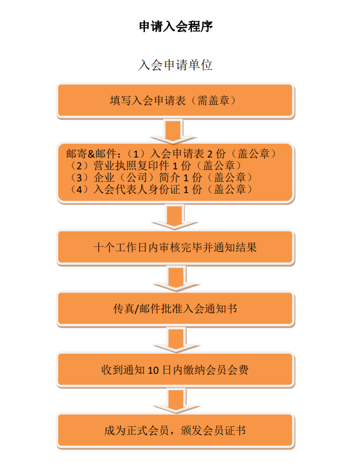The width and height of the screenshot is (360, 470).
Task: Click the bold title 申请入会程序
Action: pyautogui.click(x=176, y=26)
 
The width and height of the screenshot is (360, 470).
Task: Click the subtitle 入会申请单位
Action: pyautogui.click(x=176, y=65)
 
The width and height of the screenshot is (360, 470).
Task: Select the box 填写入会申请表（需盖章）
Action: pyautogui.click(x=176, y=101)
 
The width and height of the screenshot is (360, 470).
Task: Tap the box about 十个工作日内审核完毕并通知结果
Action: pyautogui.click(x=176, y=247)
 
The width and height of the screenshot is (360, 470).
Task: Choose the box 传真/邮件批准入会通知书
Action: pyautogui.click(x=176, y=309)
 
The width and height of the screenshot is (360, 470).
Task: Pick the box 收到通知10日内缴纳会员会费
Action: pyautogui.click(x=176, y=370)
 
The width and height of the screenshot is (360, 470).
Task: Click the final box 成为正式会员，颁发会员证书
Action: pyautogui.click(x=176, y=431)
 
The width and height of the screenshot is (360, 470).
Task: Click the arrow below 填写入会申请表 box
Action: pyautogui.click(x=174, y=132)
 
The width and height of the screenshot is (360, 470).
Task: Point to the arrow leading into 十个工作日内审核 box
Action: pyautogui.click(x=175, y=217)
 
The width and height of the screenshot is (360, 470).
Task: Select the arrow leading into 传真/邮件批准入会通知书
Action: pyautogui.click(x=176, y=279)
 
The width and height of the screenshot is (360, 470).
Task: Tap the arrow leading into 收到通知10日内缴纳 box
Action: pyautogui.click(x=176, y=340)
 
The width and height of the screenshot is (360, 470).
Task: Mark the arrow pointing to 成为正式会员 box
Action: pyautogui.click(x=176, y=401)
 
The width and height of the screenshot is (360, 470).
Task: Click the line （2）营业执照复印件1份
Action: pyautogui.click(x=155, y=166)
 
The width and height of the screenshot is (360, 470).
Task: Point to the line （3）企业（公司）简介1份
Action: pyautogui.click(x=161, y=177)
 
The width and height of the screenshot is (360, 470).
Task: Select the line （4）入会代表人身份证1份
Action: pyautogui.click(x=161, y=189)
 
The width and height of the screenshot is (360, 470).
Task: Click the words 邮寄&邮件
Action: pyautogui.click(x=91, y=154)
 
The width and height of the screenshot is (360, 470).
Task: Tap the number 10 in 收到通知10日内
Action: pyautogui.click(x=153, y=371)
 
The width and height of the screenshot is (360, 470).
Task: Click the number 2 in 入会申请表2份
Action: pyautogui.click(x=210, y=154)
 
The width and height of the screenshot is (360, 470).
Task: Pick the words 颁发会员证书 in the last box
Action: pyautogui.click(x=213, y=431)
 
